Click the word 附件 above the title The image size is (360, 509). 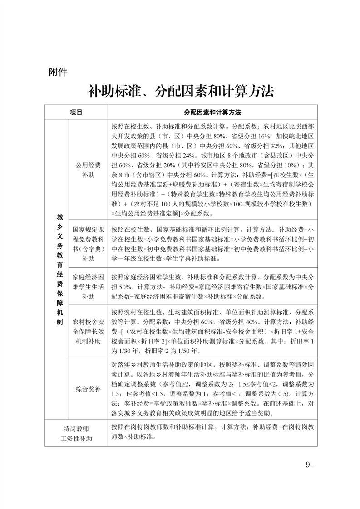coord(57,72)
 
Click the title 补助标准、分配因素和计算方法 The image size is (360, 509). coord(181,91)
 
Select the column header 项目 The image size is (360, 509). coord(76,112)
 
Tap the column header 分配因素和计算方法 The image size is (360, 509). coord(212,112)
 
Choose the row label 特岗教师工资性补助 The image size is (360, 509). coord(76,434)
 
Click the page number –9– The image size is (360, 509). coord(307,465)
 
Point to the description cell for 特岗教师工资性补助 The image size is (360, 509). coord(212,433)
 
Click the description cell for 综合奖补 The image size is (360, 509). coord(212,389)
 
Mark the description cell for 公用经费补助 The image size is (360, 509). coord(212,170)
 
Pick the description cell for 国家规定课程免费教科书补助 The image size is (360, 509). coord(212,244)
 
